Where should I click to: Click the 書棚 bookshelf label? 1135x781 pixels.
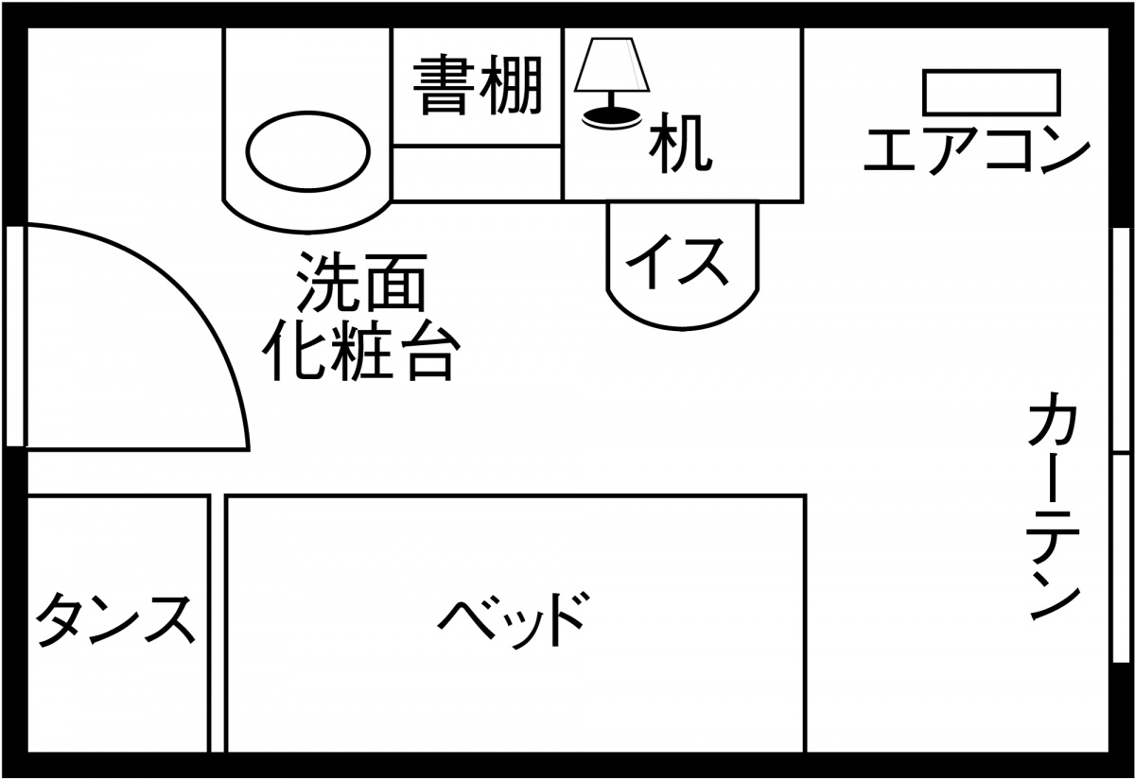478,85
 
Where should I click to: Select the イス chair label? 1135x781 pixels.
682,262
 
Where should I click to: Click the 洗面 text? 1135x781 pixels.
362,282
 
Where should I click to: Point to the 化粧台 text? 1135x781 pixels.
362,351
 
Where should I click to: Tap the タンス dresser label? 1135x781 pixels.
116,620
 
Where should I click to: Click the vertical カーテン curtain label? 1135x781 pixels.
1052,511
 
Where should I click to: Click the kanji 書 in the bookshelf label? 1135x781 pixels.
446,85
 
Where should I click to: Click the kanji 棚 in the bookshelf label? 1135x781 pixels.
512,85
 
